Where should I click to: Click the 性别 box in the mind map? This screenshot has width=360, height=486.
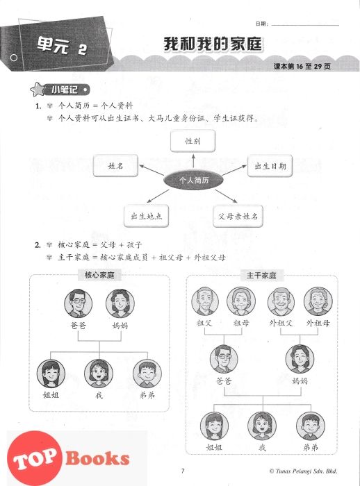pyautogui.click(x=193, y=141)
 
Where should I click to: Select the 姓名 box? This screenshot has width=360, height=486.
pyautogui.click(x=115, y=166)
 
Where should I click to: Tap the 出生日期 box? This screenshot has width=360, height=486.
pyautogui.click(x=270, y=166)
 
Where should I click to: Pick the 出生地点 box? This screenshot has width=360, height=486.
pyautogui.click(x=146, y=216)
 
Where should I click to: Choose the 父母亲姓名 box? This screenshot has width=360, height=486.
pyautogui.click(x=238, y=216)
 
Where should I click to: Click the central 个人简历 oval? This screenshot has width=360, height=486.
pyautogui.click(x=193, y=180)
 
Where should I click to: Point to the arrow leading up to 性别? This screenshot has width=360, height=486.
pyautogui.click(x=193, y=160)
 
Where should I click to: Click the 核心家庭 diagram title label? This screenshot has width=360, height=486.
pyautogui.click(x=99, y=275)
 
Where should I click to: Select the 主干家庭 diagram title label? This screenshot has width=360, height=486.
pyautogui.click(x=261, y=275)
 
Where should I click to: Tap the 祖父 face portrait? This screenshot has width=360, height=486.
pyautogui.click(x=205, y=301)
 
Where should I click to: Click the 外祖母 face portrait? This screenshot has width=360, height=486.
pyautogui.click(x=318, y=301)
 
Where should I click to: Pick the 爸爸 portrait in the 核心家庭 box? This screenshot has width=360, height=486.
pyautogui.click(x=79, y=303)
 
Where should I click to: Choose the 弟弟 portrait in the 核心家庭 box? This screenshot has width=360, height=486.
pyautogui.click(x=147, y=374)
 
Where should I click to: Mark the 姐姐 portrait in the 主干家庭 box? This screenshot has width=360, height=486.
pyautogui.click(x=214, y=426)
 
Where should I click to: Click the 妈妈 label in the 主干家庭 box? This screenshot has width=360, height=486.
pyautogui.click(x=300, y=380)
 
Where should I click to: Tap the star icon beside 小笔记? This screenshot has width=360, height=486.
pyautogui.click(x=38, y=90)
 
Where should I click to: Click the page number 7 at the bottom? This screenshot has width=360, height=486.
pyautogui.click(x=183, y=471)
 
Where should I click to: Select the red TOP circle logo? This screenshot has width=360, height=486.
pyautogui.click(x=35, y=459)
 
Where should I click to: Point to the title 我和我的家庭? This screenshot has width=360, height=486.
pyautogui.click(x=213, y=44)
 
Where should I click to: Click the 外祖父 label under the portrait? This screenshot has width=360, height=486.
pyautogui.click(x=281, y=323)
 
